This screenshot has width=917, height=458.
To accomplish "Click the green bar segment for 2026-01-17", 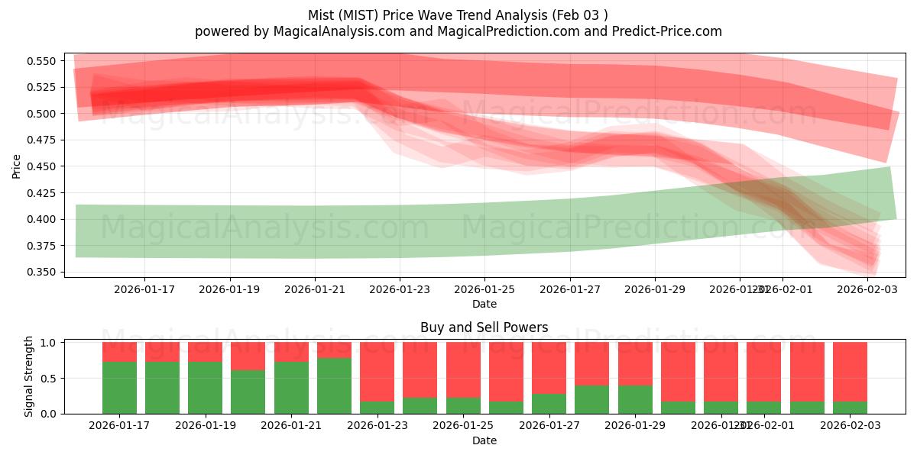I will (x=119, y=388).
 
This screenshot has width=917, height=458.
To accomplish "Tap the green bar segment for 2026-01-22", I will (x=334, y=385).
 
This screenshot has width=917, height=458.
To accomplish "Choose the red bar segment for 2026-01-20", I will (x=248, y=356).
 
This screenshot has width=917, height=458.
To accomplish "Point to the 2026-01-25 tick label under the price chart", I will (x=484, y=289).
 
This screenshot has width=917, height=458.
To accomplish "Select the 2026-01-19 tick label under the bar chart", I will (x=205, y=426).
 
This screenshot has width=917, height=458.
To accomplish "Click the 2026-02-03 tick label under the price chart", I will (x=867, y=289).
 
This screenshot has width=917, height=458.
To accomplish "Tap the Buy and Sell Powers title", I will (x=484, y=327).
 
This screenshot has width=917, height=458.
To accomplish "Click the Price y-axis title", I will (x=17, y=166).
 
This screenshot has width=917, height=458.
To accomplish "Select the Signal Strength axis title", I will (x=29, y=376).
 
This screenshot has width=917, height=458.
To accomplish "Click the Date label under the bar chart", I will (x=484, y=440).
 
